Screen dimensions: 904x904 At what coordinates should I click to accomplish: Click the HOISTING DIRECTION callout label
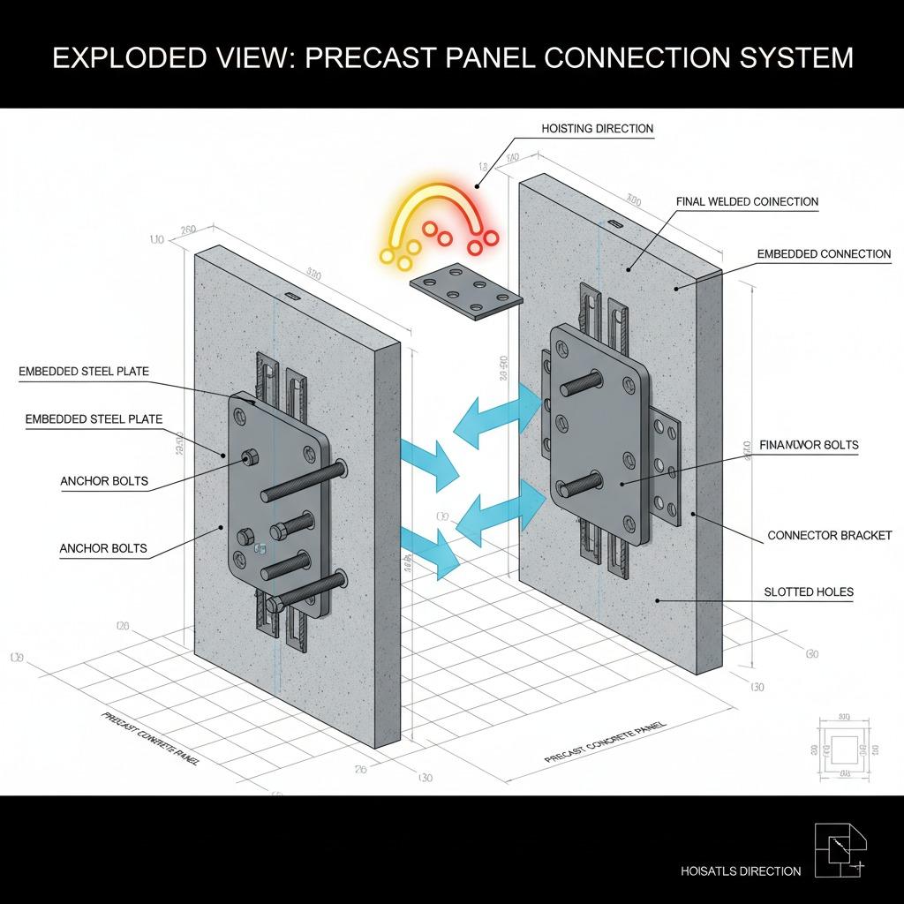[x=597, y=129]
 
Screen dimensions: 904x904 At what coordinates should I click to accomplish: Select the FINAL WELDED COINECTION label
[x=747, y=202]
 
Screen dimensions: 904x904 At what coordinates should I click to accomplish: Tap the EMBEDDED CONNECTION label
[x=824, y=254]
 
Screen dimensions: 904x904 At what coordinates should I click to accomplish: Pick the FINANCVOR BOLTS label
[x=809, y=446]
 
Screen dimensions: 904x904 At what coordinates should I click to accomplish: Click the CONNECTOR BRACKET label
[x=829, y=535]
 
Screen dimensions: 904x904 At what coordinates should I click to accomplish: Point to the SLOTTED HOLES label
[x=810, y=591]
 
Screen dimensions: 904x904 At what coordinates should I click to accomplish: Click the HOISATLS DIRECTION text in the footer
[x=741, y=871]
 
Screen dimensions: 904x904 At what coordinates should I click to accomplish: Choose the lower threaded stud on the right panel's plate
[x=580, y=484]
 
